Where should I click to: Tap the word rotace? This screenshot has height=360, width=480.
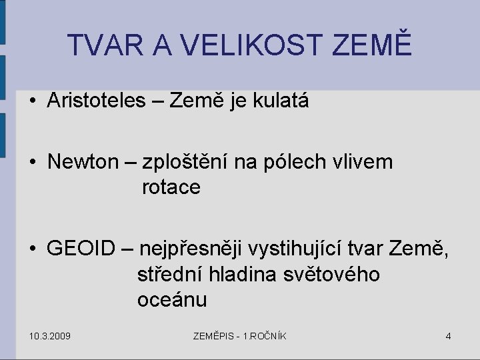[x=171, y=187]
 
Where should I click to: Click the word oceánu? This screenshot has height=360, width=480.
[x=172, y=299]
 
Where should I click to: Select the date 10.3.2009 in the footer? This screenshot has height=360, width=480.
[x=51, y=335]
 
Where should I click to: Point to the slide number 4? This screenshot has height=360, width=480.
[x=448, y=335]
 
